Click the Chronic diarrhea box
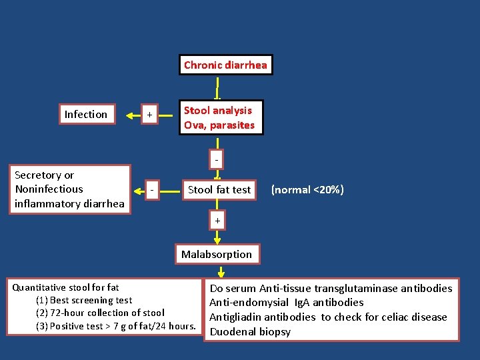pos(225,65)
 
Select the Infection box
pos(86,115)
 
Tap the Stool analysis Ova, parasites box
pos(219,117)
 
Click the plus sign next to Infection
pos(150,115)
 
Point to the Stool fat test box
pos(219,190)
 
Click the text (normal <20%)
pos(307,190)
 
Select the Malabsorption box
pos(217,254)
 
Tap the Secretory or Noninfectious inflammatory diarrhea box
pos(69,189)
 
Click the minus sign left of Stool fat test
pos(153,189)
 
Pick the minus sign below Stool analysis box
pos(217,160)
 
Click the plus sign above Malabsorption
pos(217,221)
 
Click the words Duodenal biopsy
pos(250,331)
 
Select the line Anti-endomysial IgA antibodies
pos(287,303)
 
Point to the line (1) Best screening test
pos(84,300)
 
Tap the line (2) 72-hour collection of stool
pos(100,313)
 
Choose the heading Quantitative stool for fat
pos(65,287)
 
